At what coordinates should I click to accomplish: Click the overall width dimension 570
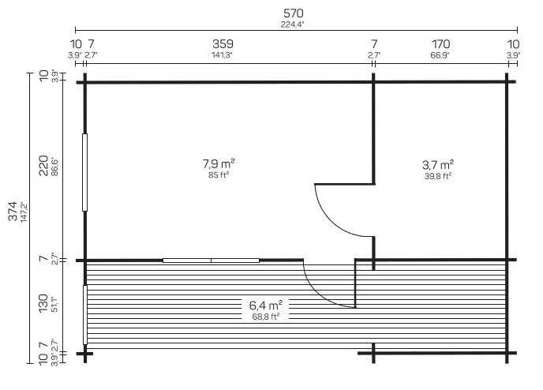[x=294, y=13]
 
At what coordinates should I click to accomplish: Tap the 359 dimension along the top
[x=223, y=44]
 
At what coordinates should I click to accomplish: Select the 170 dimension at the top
[x=441, y=44]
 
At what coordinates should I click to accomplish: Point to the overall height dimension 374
[x=13, y=211]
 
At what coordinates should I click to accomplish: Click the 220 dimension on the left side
[x=43, y=166]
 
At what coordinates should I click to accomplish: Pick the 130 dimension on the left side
[x=43, y=303]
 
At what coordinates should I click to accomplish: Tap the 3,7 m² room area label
[x=438, y=164]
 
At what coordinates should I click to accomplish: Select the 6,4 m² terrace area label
[x=266, y=306]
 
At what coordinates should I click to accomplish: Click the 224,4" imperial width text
[x=292, y=24]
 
